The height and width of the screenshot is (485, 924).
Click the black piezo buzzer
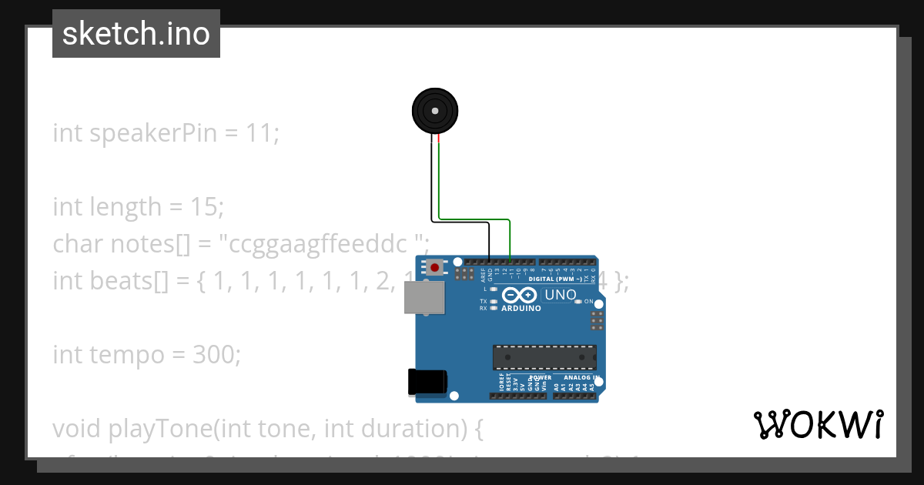point(435,111)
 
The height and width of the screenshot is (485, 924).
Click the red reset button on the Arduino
point(435,268)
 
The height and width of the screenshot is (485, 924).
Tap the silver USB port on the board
point(424,297)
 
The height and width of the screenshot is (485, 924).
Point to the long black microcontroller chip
point(544,357)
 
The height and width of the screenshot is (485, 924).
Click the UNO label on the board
point(560,295)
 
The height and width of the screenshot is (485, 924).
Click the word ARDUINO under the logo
point(521,308)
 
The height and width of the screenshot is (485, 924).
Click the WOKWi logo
point(818,425)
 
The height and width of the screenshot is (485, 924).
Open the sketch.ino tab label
point(136,34)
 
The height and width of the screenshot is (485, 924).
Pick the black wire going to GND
point(460,223)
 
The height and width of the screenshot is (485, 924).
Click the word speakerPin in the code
point(154,133)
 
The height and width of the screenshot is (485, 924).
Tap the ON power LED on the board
point(579,301)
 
